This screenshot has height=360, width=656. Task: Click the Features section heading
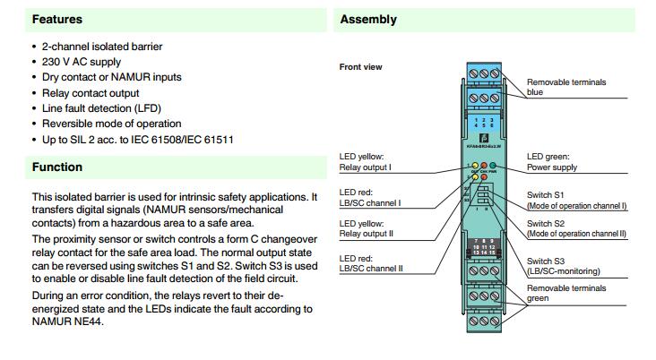point(57,19)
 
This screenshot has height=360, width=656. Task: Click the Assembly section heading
point(368,19)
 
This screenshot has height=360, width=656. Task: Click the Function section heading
point(57,167)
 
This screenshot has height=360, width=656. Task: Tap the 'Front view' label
point(362,67)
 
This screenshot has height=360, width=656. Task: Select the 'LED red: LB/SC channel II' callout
point(370,262)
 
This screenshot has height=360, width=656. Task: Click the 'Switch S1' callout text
point(546,194)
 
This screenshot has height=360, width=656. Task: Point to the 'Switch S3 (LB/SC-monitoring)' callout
point(563,265)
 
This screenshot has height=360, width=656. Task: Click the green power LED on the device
point(492,167)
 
